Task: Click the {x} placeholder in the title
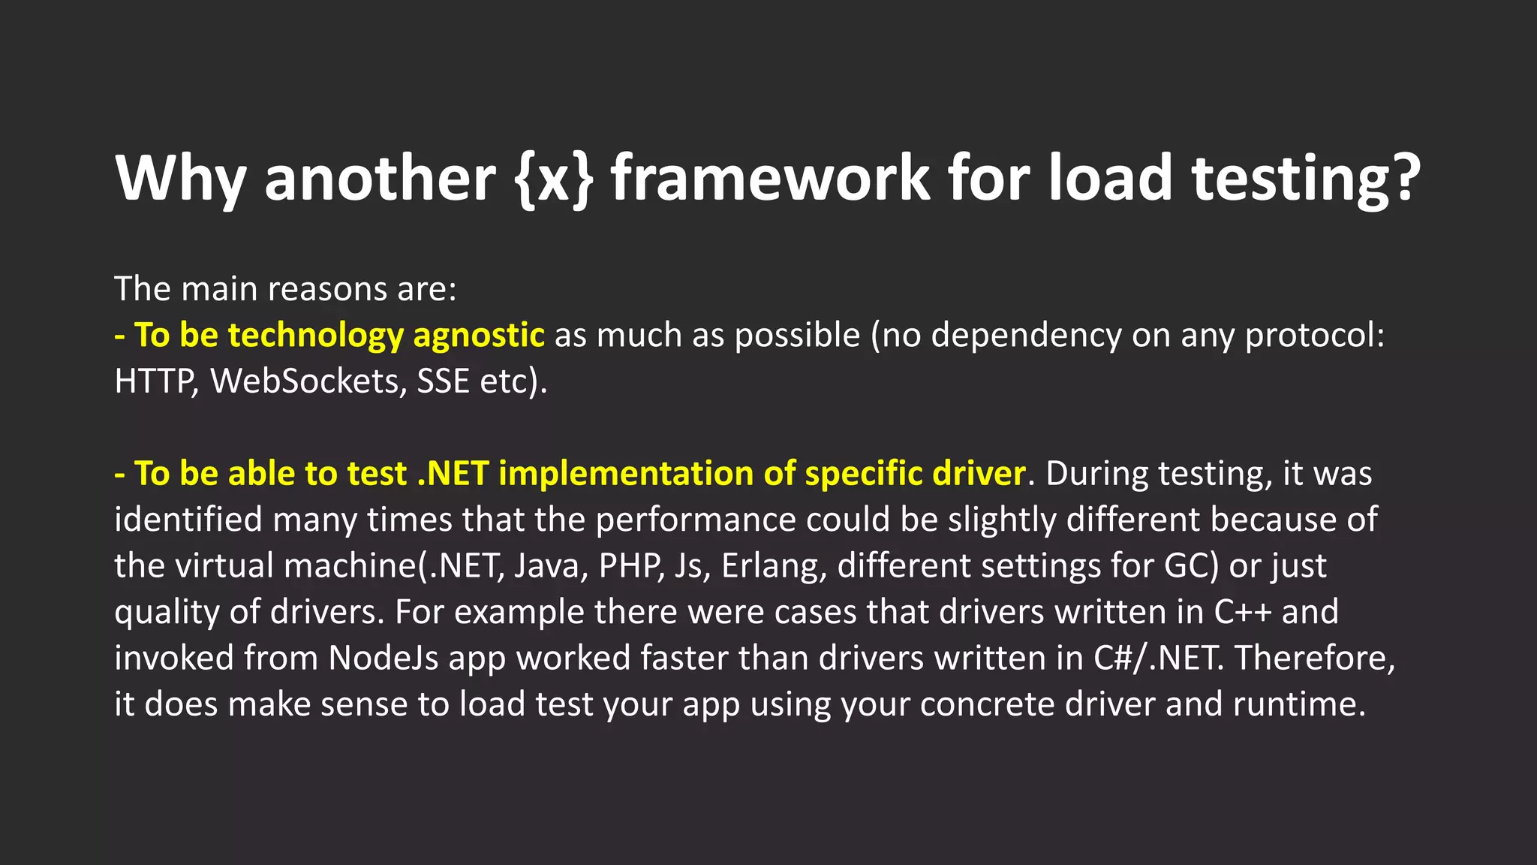tap(554, 179)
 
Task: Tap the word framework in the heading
tap(770, 179)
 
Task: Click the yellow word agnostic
tap(478, 335)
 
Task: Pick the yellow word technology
tap(315, 335)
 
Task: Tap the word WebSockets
tap(308, 381)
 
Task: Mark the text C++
tap(1242, 612)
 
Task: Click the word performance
tap(695, 520)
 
